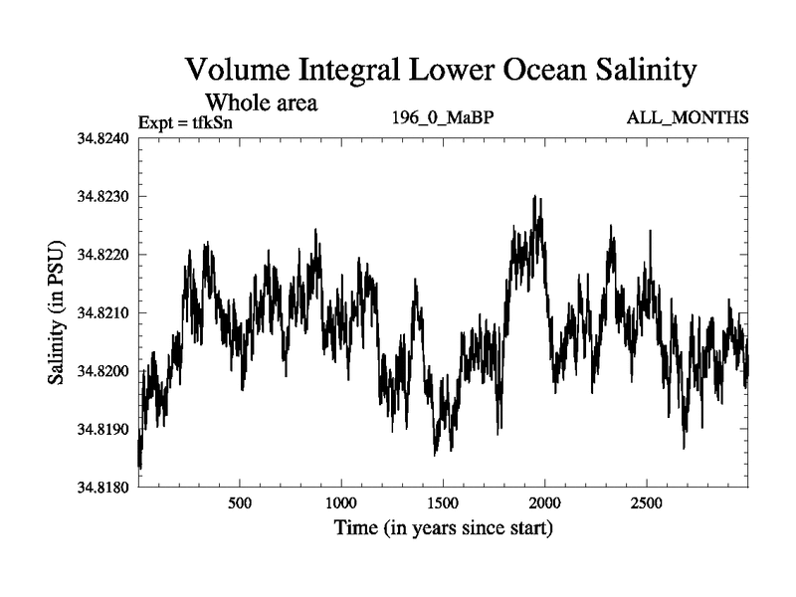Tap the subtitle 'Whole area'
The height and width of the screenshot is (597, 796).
point(261,101)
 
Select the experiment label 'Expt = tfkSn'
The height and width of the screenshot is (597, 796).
point(185,122)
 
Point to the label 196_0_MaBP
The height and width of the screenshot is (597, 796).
point(444,118)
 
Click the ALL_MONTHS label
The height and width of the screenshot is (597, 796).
point(688,118)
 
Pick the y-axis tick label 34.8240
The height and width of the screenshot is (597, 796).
point(103,138)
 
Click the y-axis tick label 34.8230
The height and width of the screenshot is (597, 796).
point(103,197)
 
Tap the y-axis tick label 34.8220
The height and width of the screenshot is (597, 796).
point(103,255)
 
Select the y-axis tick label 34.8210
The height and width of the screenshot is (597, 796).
point(103,313)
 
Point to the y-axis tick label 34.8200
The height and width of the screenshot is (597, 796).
point(103,371)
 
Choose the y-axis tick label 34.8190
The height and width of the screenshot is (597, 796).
point(103,430)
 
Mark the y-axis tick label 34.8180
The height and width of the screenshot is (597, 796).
point(103,488)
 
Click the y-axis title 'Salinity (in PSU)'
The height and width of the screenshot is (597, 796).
point(57,312)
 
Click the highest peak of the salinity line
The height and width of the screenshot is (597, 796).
point(535,197)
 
